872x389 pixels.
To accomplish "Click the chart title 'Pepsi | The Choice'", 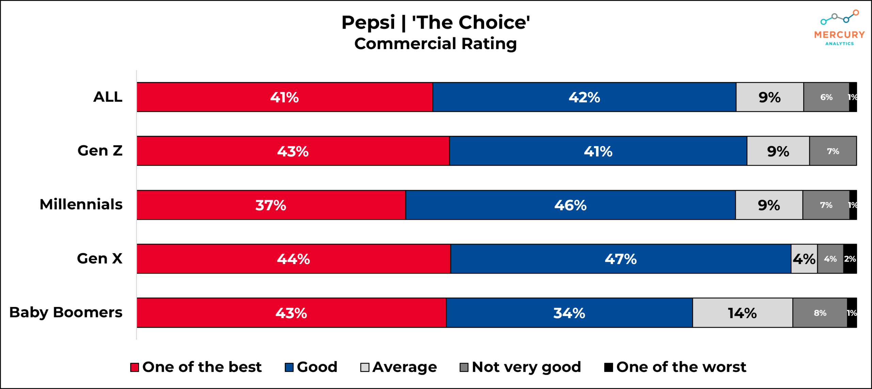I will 435,22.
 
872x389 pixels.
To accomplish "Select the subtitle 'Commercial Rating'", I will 435,44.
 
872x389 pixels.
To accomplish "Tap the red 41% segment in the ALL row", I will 284,97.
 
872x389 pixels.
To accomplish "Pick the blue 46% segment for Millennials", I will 570,205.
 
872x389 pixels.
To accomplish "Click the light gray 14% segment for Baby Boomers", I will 742,313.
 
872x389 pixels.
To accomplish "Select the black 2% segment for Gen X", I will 850,259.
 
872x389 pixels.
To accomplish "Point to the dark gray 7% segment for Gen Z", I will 833,151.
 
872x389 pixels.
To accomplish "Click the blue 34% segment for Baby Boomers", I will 569,313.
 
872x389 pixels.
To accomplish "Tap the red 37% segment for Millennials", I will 271,205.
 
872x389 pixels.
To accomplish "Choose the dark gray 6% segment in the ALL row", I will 826,97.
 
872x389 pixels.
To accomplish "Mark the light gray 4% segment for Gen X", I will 804,259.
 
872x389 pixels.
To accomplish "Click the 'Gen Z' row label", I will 100,151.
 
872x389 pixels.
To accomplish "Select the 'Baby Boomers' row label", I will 66,312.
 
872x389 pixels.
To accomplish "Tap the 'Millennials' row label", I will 81,204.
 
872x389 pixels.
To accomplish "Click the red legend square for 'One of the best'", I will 135,367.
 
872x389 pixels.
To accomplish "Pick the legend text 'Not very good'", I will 526,367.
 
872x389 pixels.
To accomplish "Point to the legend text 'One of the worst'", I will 681,367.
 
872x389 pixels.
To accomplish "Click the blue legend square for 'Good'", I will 289,367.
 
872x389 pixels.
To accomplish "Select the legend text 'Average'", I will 404,367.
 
